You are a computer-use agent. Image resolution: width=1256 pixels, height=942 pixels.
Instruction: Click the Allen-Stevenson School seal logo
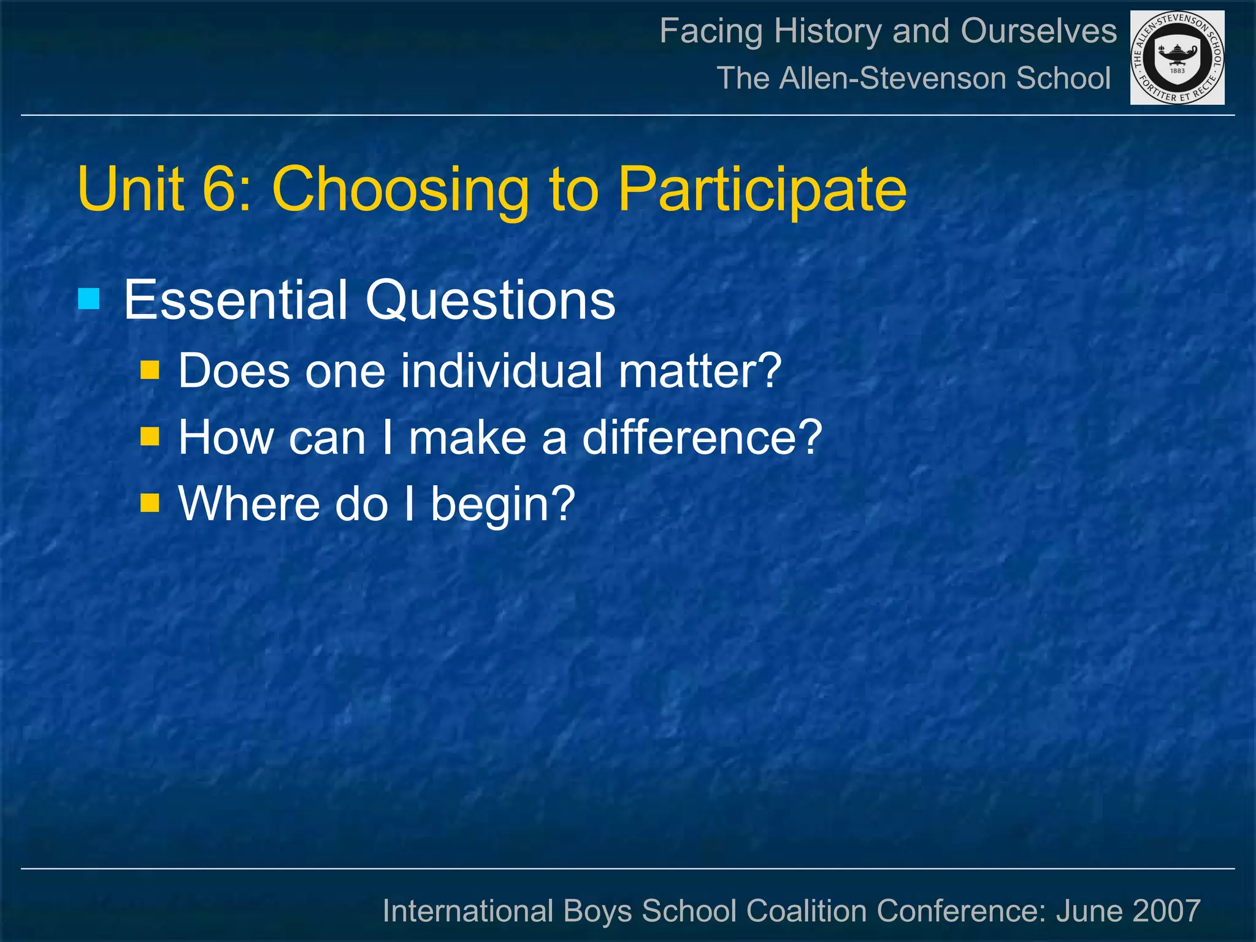[1177, 58]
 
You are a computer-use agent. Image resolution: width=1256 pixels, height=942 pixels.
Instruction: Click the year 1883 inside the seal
[1177, 71]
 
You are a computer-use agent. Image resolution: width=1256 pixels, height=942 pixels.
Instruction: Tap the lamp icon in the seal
[1177, 55]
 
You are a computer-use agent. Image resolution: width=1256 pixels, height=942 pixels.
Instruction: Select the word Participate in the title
[762, 190]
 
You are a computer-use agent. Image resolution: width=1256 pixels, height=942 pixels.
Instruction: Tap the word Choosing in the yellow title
[400, 190]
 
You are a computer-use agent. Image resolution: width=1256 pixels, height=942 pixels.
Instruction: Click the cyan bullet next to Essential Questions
[89, 299]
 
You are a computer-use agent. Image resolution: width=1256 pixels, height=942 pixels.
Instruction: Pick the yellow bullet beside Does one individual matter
[150, 370]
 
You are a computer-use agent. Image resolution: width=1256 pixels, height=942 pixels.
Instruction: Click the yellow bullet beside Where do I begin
[150, 504]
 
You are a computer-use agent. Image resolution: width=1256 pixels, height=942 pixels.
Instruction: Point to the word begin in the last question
[502, 504]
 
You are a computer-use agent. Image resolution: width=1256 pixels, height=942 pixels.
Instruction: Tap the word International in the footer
[467, 910]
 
